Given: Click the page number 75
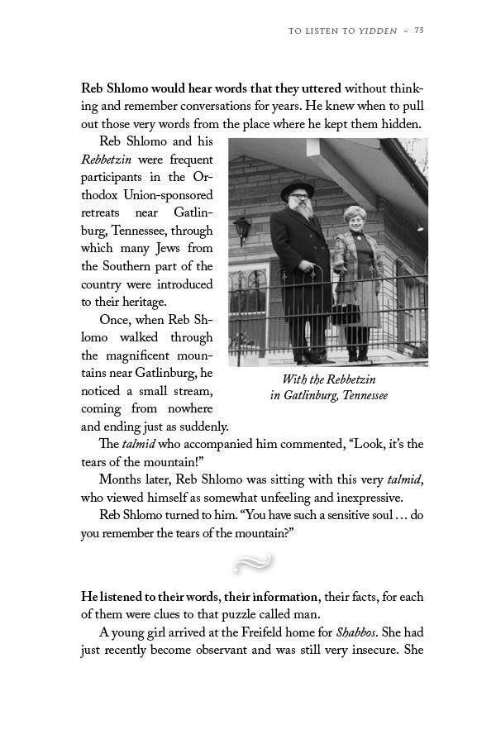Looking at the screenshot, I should click(419, 31).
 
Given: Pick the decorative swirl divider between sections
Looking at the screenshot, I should click(253, 564).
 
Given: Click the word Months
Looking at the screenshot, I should click(119, 479).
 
